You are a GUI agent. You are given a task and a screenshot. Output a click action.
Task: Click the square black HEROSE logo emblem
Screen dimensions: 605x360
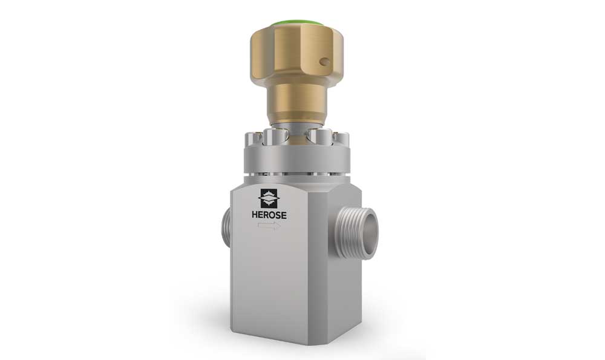269,199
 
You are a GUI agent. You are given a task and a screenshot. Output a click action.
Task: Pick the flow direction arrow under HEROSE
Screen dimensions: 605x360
267,226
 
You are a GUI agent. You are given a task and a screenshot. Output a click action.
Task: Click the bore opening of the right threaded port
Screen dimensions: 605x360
367,233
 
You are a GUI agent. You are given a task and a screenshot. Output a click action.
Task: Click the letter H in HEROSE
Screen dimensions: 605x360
255,215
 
